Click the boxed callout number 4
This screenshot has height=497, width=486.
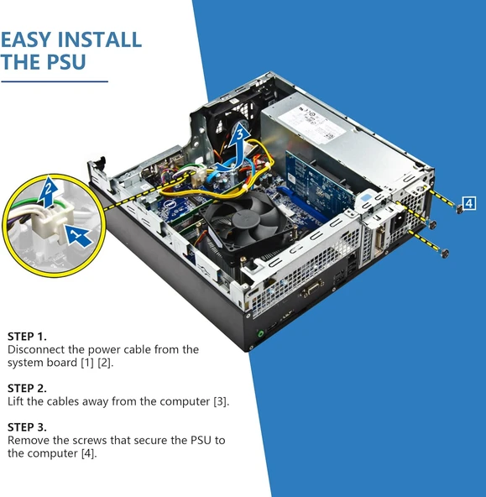click(468, 202)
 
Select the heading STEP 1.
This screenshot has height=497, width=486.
click(27, 336)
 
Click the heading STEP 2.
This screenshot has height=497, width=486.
click(27, 388)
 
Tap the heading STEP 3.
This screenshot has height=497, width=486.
click(27, 426)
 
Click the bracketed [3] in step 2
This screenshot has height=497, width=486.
click(220, 402)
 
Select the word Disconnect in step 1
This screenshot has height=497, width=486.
click(36, 349)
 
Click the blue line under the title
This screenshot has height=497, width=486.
click(55, 81)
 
